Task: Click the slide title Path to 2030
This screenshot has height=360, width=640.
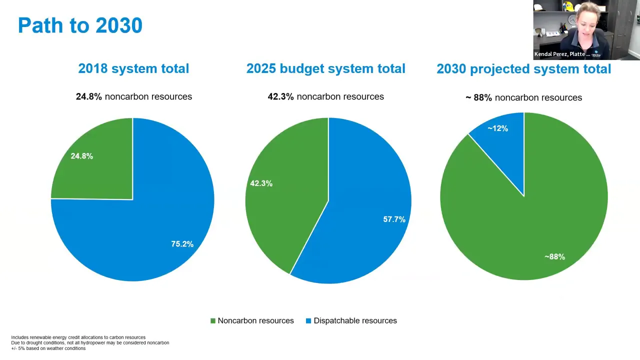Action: point(80,25)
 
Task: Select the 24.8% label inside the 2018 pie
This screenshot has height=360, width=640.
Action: point(81,156)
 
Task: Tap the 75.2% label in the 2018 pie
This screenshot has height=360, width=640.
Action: point(182,244)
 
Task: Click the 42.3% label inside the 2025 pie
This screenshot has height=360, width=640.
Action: point(261,183)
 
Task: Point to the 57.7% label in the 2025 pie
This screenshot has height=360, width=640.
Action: point(394,219)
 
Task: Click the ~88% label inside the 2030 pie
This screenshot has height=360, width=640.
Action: point(554,256)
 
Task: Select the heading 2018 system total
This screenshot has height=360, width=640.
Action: point(133,68)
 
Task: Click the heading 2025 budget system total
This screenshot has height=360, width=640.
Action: point(325,68)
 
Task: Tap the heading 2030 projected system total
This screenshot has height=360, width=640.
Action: point(523,68)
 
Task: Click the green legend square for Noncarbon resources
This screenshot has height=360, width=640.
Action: point(213,321)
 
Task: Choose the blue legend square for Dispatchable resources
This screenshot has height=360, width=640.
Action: point(308,321)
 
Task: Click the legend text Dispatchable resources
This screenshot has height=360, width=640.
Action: point(355,321)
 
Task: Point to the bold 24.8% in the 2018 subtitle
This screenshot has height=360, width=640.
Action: point(88,96)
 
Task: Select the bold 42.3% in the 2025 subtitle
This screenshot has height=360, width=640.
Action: point(280,96)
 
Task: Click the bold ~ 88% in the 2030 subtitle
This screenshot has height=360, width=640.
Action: point(478,97)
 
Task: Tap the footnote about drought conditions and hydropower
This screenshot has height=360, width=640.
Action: point(90,343)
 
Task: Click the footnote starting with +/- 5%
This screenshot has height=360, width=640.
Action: point(48,348)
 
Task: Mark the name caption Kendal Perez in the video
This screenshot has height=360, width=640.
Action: point(562,54)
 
